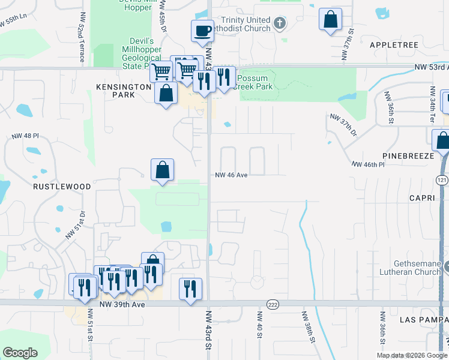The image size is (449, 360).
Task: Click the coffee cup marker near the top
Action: click(x=202, y=30)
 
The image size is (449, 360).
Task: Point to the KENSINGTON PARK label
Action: click(x=123, y=91)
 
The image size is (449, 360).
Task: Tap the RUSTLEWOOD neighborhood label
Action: click(x=63, y=187)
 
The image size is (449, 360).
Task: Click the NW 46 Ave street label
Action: click(x=232, y=175)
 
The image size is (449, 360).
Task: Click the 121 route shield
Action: click(x=441, y=179)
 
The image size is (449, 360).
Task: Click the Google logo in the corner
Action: click(x=20, y=353)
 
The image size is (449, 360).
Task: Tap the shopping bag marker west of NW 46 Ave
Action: click(x=162, y=170)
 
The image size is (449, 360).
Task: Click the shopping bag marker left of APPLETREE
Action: click(x=330, y=20)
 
